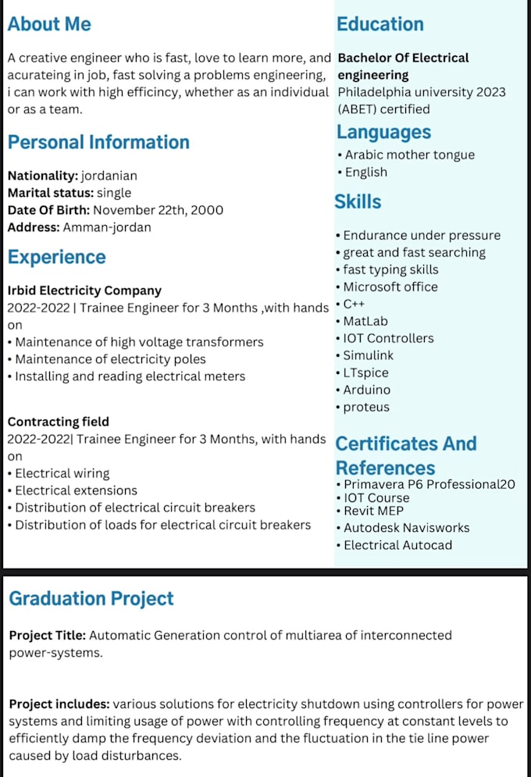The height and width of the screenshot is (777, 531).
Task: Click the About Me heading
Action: point(49,24)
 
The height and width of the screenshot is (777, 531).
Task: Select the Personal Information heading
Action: point(98,142)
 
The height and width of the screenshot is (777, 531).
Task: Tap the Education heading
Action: point(380,24)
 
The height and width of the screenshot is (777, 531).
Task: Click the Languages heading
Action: point(384,132)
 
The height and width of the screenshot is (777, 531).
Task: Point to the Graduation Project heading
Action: point(91,599)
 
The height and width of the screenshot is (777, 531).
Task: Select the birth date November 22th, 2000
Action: point(158,210)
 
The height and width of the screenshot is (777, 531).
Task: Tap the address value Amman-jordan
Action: point(107,227)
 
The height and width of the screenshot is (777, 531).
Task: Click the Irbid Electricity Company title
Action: point(84,290)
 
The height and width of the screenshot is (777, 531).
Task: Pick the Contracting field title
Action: point(59,422)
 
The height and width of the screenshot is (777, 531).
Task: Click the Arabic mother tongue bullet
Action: point(409,155)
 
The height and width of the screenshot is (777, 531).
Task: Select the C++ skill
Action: point(354,304)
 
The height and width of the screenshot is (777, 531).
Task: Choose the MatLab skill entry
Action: point(365,321)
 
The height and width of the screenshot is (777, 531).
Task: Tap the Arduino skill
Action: point(367,390)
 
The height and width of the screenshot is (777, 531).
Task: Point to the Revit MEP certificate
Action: point(373,511)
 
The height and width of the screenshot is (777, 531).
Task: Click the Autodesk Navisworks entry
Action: point(406,528)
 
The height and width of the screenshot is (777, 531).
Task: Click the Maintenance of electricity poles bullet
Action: point(110,359)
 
